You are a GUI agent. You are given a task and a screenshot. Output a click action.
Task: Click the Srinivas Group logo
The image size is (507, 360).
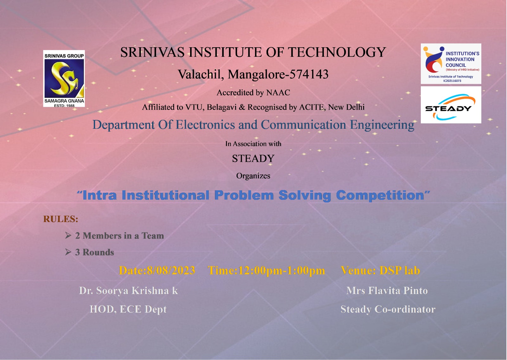pyautogui.click(x=64, y=78)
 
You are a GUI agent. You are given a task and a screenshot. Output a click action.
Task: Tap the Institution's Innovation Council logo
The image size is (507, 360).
pyautogui.click(x=451, y=64)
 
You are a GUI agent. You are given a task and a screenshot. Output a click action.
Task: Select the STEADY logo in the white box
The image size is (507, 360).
pyautogui.click(x=451, y=105)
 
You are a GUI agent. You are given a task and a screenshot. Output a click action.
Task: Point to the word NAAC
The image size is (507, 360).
pyautogui.click(x=278, y=92)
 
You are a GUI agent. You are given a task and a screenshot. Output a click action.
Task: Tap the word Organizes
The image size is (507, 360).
pyautogui.click(x=253, y=176)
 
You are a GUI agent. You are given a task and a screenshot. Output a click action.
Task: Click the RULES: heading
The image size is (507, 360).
pyautogui.click(x=61, y=219)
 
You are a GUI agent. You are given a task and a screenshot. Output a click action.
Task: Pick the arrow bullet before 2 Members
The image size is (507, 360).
pyautogui.click(x=68, y=235)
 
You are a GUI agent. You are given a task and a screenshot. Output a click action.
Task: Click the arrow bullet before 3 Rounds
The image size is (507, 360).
pyautogui.click(x=68, y=252)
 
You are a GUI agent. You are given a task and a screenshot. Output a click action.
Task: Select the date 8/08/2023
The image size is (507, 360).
pyautogui.click(x=171, y=270)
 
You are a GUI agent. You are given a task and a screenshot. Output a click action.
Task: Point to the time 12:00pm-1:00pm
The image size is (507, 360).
pyautogui.click(x=281, y=271)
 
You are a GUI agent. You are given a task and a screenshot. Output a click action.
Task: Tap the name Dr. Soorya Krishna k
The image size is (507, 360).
pyautogui.click(x=128, y=291)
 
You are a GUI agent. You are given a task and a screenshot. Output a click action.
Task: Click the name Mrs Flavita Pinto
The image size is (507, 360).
pyautogui.click(x=387, y=291)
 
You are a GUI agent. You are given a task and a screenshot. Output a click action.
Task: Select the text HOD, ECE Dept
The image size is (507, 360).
pyautogui.click(x=128, y=310)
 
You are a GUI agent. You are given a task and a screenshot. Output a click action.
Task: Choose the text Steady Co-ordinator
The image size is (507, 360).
pyautogui.click(x=388, y=309)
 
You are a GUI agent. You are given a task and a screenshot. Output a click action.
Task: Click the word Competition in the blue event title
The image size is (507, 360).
pyautogui.click(x=380, y=195)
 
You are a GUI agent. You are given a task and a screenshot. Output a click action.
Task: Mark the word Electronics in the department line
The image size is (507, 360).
pyautogui.click(x=205, y=125)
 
